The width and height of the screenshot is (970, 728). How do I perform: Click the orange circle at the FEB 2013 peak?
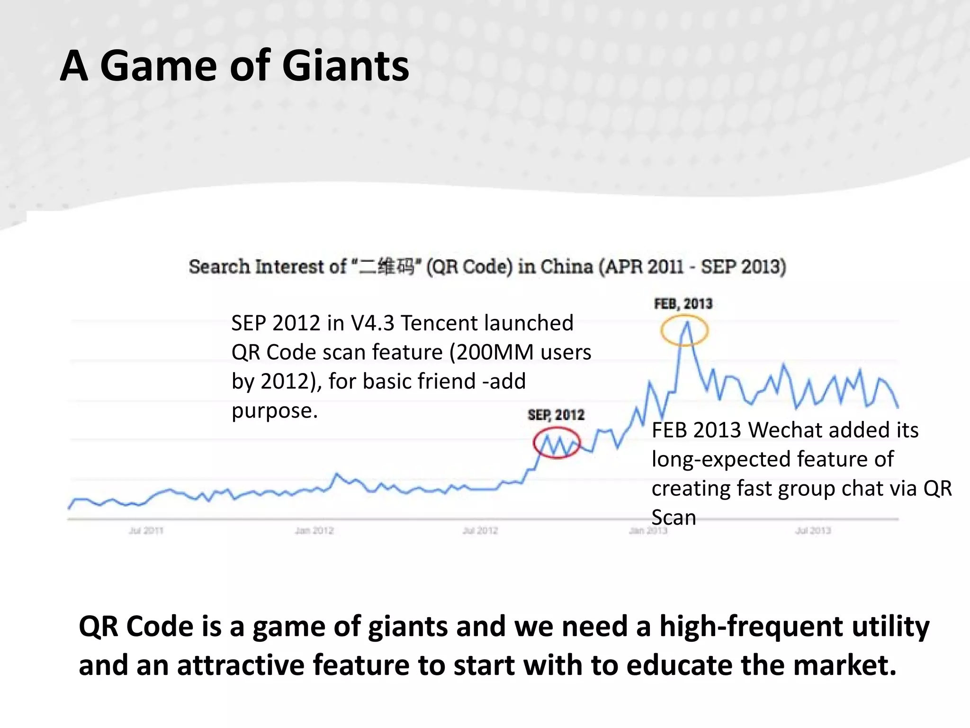coord(684,330)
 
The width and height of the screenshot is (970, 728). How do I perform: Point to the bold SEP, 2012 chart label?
coord(556,415)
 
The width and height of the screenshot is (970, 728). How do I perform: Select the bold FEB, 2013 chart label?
coord(683,304)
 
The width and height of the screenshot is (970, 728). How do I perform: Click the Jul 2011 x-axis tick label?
coord(146,531)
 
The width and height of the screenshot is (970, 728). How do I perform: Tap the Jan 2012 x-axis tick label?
coord(314,531)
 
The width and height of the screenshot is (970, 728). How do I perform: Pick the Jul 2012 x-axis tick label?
coord(480,531)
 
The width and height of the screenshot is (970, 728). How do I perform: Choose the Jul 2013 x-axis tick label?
coord(813,531)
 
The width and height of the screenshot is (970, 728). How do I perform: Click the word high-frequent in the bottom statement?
coord(752,627)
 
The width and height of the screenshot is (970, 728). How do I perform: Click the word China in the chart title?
coord(567,266)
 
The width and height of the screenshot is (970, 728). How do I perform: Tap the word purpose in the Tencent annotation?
coord(274,410)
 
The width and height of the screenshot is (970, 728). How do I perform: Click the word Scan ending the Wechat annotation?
coord(674,518)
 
